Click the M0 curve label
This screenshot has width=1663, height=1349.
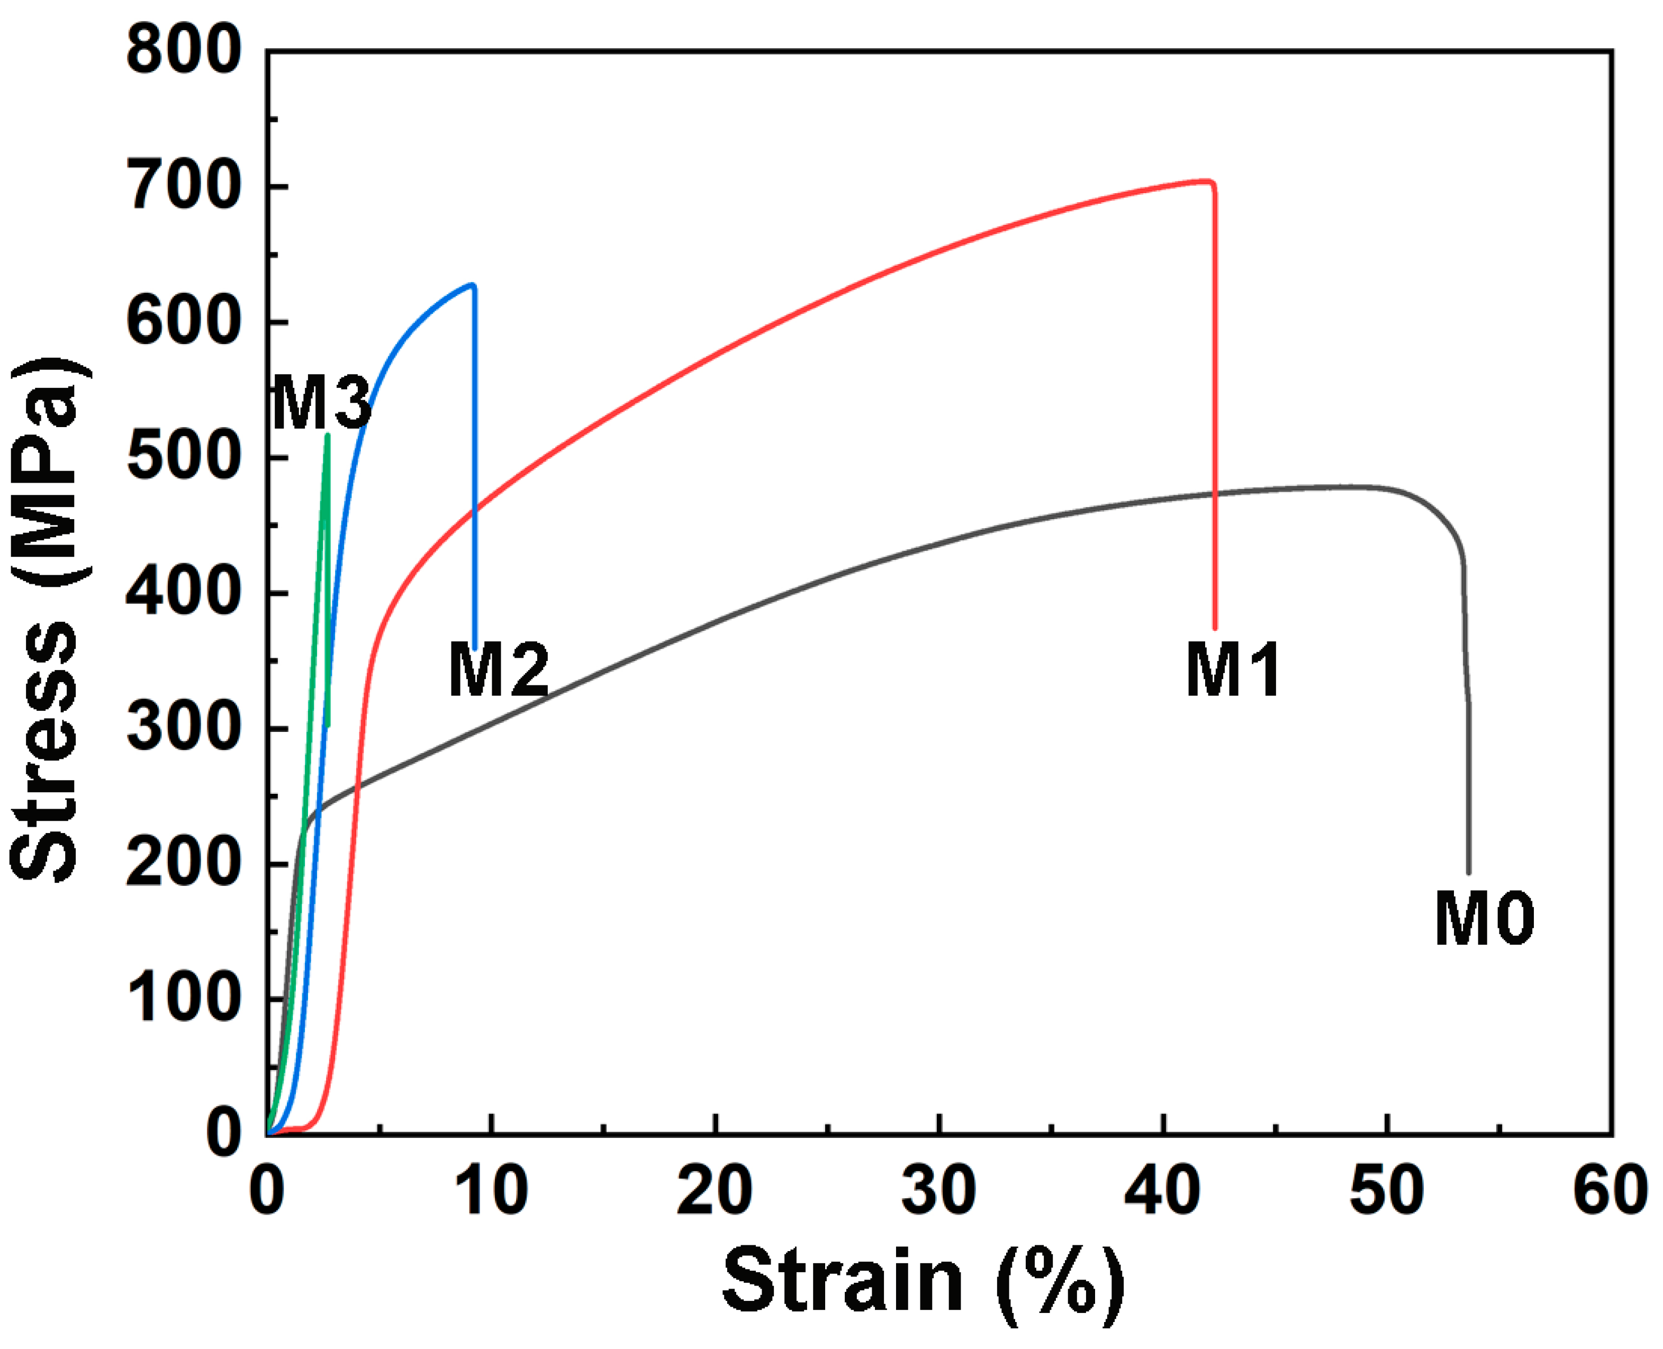pyautogui.click(x=1484, y=919)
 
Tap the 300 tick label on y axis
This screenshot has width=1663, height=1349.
pyautogui.click(x=184, y=728)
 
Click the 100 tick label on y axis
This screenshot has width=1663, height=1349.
pyautogui.click(x=184, y=999)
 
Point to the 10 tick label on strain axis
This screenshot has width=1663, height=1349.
pyautogui.click(x=491, y=1191)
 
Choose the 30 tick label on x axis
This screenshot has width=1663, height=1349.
pyautogui.click(x=939, y=1191)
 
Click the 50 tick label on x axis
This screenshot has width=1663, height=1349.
pyautogui.click(x=1386, y=1191)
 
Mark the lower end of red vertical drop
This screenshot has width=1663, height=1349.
pyautogui.click(x=1215, y=627)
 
